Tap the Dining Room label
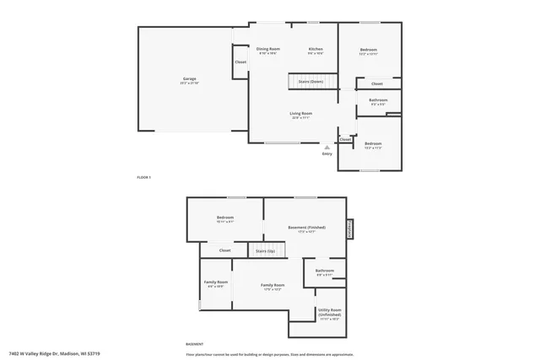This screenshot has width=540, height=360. point(268,51)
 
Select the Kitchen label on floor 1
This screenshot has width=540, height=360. point(316,51)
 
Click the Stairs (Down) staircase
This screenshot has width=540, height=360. point(310,81)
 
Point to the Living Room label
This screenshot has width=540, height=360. point(301,115)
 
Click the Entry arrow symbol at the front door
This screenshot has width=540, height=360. point(327,147)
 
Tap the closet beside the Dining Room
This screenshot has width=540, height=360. point(240,62)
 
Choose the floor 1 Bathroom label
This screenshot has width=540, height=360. point(378,101)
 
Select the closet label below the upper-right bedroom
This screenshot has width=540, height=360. point(377,83)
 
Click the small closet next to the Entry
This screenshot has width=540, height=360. point(346,139)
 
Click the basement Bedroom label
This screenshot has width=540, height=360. point(224,218)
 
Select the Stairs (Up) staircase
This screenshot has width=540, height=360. point(266,250)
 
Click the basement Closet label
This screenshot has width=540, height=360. point(224,250)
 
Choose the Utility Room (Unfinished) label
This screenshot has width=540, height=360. point(330,313)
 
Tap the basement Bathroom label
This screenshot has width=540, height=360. point(325,271)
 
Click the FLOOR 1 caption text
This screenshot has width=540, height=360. point(143,177)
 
